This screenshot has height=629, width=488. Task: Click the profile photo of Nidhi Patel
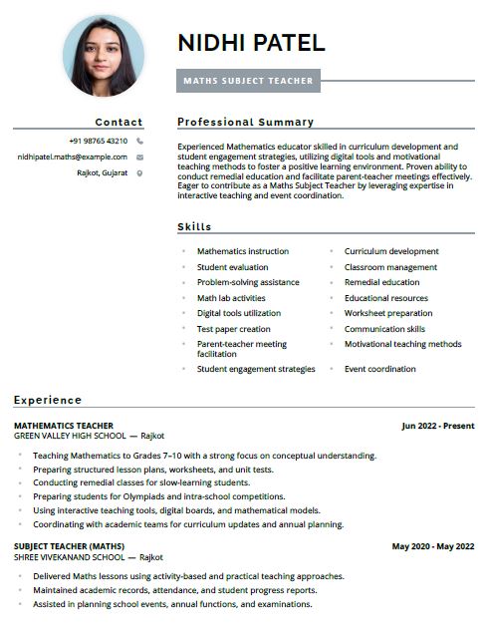point(103,55)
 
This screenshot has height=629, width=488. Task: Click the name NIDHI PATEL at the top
point(251,43)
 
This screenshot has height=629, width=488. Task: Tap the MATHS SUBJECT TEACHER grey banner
point(248,81)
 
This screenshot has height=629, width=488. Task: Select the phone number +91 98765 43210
point(98,141)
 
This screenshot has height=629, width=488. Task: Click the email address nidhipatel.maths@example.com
point(72,157)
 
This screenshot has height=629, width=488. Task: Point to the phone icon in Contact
point(139,141)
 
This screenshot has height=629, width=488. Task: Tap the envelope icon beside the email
point(139,157)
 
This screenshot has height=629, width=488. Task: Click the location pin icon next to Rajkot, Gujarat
point(139,172)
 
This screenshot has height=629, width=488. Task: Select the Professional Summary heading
point(245,122)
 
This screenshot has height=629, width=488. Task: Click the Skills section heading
point(194,226)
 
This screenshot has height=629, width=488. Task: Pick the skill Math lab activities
point(231,298)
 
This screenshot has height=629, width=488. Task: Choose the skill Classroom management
point(390,267)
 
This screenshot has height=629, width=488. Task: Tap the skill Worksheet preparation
point(388,313)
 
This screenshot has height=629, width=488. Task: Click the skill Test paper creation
point(233,329)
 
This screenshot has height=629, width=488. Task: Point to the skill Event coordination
point(380,369)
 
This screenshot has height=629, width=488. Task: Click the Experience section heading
point(48,400)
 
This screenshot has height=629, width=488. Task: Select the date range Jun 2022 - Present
point(438,426)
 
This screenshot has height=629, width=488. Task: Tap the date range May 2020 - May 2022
point(433,546)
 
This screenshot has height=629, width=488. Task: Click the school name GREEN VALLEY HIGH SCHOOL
point(70,436)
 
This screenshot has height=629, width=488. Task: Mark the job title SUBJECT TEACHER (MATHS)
point(69,546)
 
